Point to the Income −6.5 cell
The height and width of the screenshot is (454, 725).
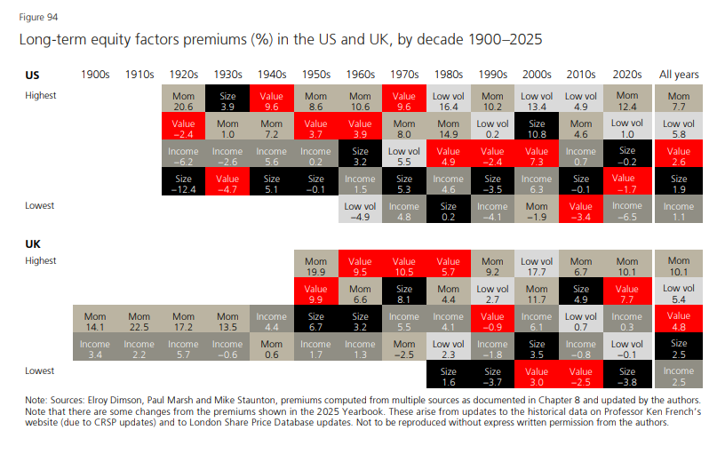click(625, 211)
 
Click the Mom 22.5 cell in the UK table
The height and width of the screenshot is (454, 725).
click(139, 321)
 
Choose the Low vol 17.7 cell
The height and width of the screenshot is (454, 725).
click(537, 266)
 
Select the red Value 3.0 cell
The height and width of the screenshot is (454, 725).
click(537, 376)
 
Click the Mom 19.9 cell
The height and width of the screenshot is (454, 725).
click(315, 266)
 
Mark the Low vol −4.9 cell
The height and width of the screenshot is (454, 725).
click(360, 211)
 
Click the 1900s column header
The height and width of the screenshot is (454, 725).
click(95, 76)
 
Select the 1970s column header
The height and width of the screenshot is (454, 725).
click(404, 76)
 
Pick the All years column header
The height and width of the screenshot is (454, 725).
click(679, 76)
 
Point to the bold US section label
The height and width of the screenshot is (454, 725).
click(32, 76)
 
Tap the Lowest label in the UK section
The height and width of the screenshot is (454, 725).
click(39, 370)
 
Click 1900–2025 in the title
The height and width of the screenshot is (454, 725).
click(502, 40)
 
